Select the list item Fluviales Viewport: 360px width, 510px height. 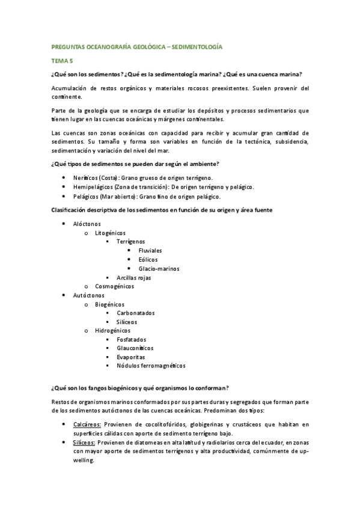click(x=150, y=250)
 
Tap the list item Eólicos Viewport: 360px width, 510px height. click(x=148, y=259)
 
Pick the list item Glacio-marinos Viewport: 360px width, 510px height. click(x=159, y=268)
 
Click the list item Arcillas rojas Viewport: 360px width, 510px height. click(x=134, y=277)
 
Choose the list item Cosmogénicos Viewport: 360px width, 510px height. click(x=115, y=286)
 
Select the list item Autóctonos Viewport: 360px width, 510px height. click(x=89, y=295)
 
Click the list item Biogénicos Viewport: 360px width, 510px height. click(x=110, y=304)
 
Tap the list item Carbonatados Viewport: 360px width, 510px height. click(x=136, y=313)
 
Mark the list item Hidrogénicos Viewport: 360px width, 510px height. click(x=112, y=330)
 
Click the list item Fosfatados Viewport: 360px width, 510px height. click(x=131, y=339)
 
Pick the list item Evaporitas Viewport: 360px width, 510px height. click(x=131, y=356)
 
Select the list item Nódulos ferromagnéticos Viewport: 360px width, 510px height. click(x=151, y=365)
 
